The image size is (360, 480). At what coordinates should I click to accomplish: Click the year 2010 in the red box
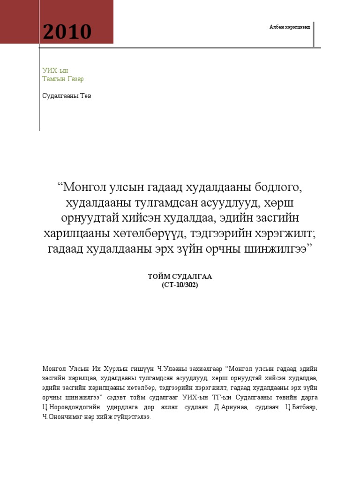(67, 32)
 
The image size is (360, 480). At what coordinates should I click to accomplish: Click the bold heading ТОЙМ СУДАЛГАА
(180, 277)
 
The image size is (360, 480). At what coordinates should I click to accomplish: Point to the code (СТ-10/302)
(180, 285)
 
